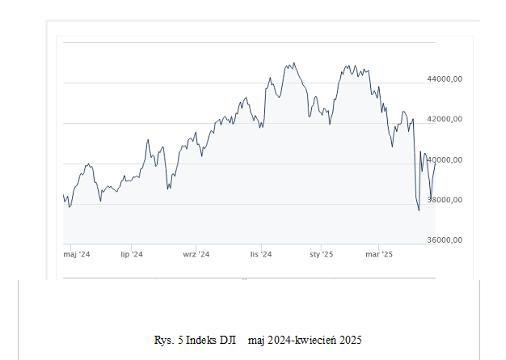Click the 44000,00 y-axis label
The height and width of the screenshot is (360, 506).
445,79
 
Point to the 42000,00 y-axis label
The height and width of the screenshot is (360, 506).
445,119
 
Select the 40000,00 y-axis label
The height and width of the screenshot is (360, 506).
445,159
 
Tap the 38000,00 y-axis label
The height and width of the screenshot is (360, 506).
445,200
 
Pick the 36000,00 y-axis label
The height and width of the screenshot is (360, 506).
445,240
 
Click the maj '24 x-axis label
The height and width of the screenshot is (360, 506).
77,255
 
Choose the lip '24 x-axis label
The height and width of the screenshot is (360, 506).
132,255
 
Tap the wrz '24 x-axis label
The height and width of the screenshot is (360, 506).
196,255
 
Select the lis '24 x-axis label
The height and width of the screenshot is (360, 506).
261,255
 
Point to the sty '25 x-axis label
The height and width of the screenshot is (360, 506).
321,255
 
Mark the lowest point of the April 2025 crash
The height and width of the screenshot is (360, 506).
419,210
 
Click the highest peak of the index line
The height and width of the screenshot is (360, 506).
293,62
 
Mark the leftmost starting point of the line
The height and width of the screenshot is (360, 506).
64,195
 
